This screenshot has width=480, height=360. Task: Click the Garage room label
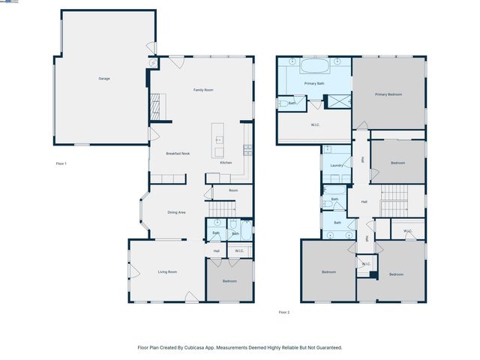104,78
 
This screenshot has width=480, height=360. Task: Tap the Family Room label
203,90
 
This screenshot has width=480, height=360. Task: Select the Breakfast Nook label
178,154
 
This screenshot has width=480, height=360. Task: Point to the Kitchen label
226,163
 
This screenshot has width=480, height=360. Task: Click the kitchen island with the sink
219,140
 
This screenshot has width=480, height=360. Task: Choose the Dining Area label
176,212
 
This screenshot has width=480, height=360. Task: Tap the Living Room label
166,271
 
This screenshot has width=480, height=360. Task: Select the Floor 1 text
61,163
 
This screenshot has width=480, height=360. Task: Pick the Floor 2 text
284,312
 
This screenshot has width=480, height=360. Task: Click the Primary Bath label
314,83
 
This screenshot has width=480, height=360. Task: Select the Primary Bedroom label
388,94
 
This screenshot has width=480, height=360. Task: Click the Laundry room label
337,165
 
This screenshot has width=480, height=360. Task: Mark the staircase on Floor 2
393,202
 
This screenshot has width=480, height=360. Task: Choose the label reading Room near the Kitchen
233,190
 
